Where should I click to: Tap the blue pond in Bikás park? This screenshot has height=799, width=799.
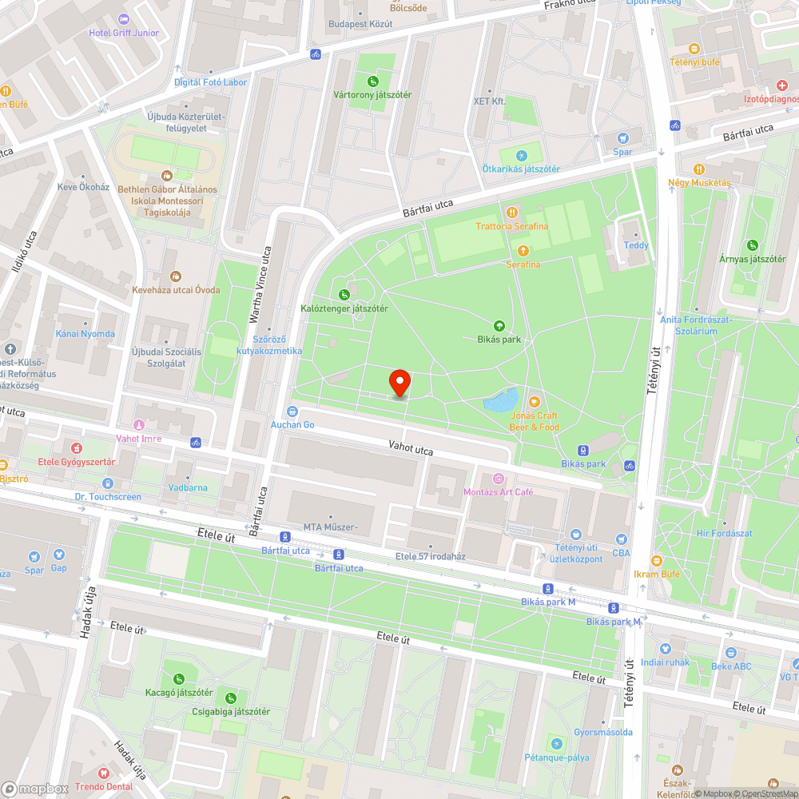click(x=500, y=399)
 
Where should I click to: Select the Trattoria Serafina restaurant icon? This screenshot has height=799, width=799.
click(x=512, y=213)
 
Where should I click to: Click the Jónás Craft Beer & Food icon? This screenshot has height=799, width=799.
click(x=535, y=402)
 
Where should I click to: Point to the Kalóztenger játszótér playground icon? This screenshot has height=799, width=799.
click(x=344, y=294)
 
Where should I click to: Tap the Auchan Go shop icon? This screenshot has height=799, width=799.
click(x=292, y=411)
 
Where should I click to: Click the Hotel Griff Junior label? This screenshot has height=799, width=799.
click(x=124, y=33)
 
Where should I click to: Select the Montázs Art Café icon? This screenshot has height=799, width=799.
click(x=499, y=479)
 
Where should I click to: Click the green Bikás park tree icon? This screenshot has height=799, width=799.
click(x=499, y=325)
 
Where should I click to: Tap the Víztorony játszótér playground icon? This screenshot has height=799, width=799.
click(x=372, y=81)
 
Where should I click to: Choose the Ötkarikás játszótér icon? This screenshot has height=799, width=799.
click(x=521, y=155)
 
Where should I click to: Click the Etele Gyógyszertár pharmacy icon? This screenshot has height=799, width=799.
click(x=78, y=448)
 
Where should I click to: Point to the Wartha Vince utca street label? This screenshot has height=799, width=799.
click(x=256, y=284)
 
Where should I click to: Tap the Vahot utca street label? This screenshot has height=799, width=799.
click(x=411, y=451)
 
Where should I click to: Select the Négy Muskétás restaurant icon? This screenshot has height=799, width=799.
click(x=699, y=169)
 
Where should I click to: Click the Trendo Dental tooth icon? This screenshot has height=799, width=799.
click(x=103, y=773)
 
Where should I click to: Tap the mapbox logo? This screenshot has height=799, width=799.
click(x=35, y=789)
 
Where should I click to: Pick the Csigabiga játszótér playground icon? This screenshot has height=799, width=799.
click(x=231, y=698)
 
